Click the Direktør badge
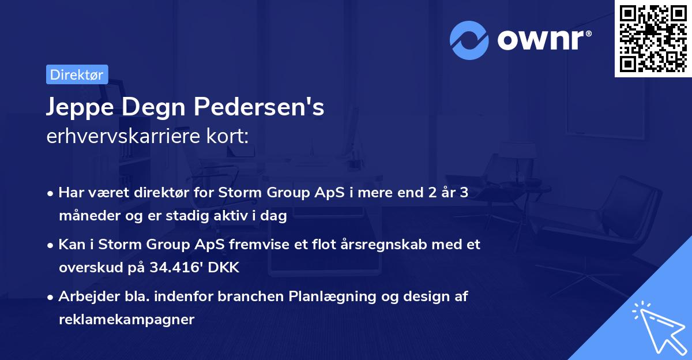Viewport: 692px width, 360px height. tap(76, 74)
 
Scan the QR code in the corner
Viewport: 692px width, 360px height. tap(653, 38)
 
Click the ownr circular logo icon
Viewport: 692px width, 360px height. tap(469, 40)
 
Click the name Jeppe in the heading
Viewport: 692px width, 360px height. tap(75, 108)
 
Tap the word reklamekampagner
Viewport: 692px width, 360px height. tap(126, 319)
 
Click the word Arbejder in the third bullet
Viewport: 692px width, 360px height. tap(84, 297)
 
